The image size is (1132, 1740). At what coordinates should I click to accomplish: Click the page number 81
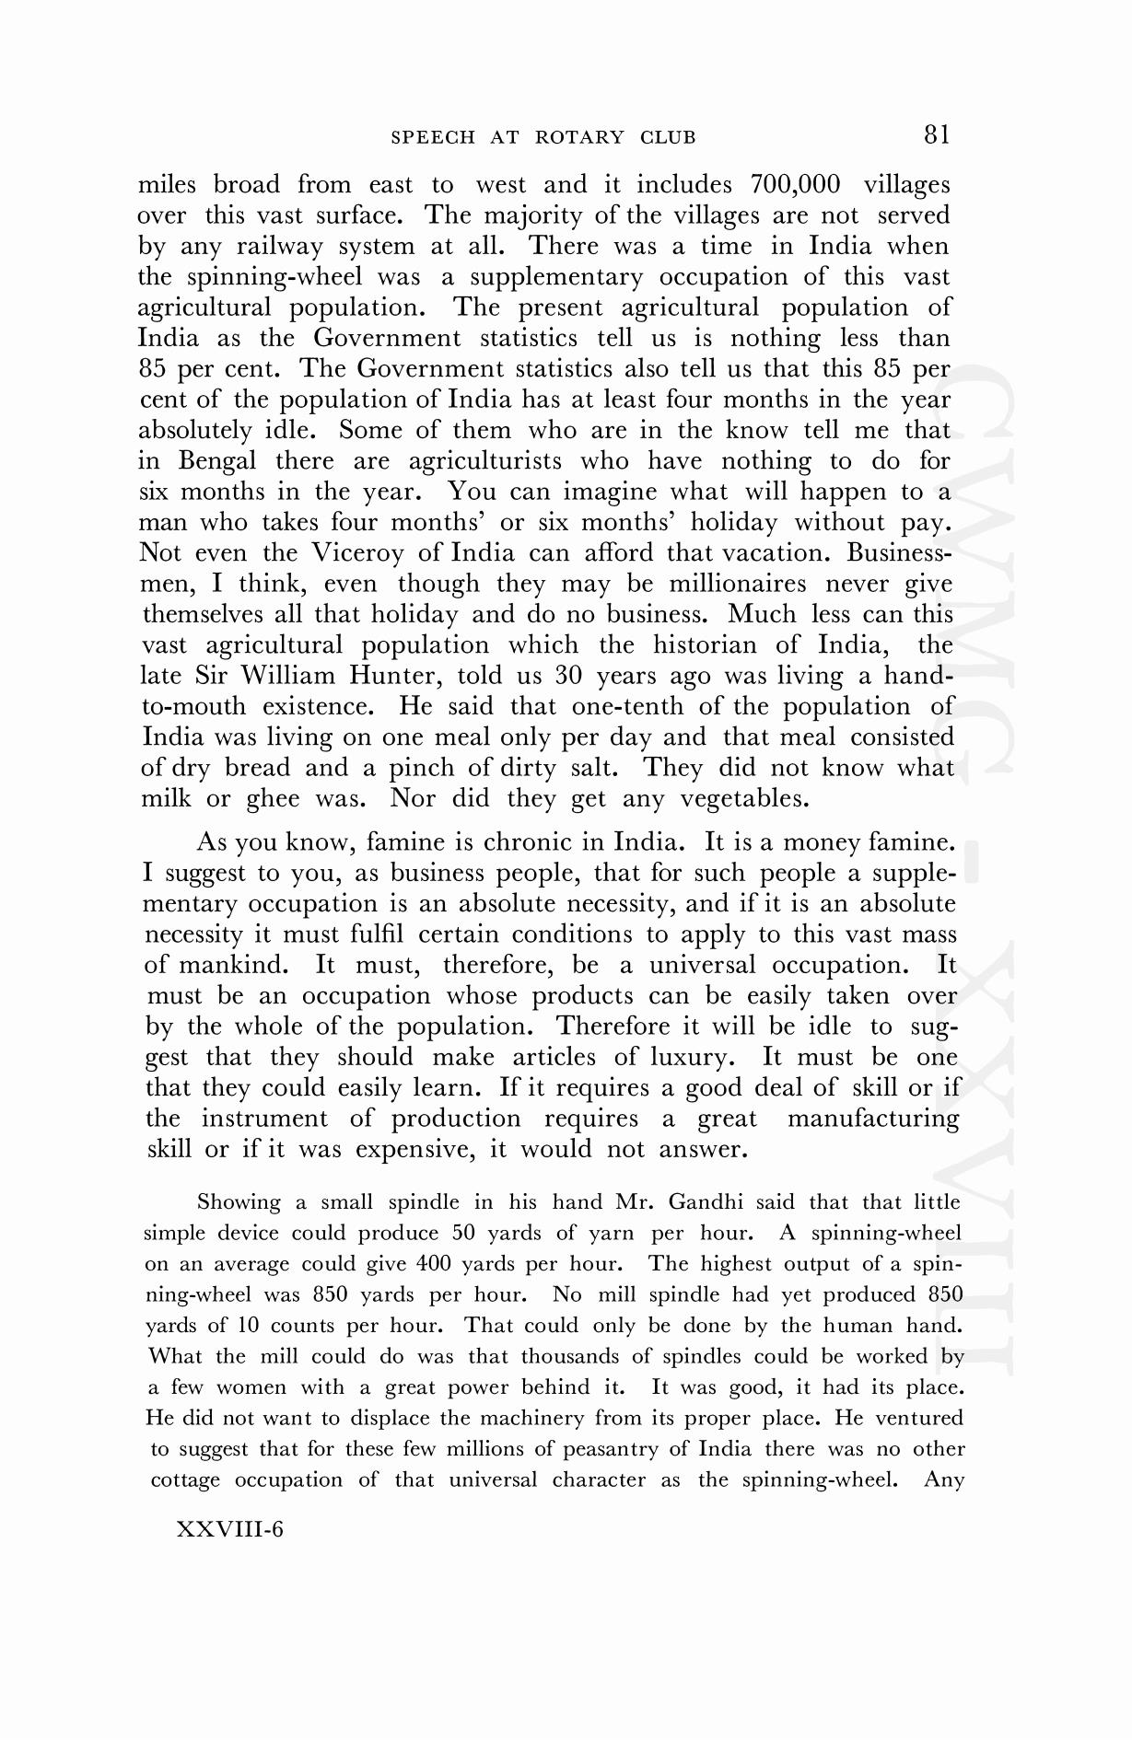pyautogui.click(x=936, y=135)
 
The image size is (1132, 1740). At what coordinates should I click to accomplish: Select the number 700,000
pyautogui.click(x=796, y=184)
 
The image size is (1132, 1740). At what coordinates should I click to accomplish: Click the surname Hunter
pyautogui.click(x=398, y=676)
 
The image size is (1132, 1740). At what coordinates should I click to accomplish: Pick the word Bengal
pyautogui.click(x=217, y=460)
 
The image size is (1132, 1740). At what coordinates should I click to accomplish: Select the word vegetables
pyautogui.click(x=744, y=798)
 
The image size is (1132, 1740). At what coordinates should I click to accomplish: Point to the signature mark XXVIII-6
pyautogui.click(x=229, y=1529)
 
